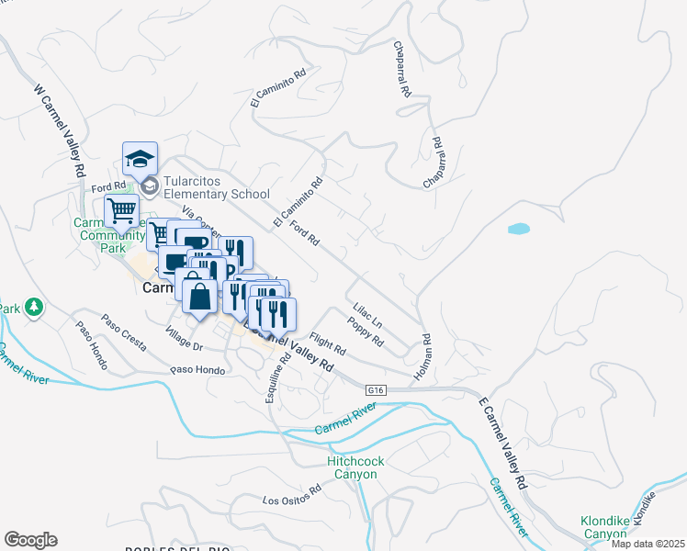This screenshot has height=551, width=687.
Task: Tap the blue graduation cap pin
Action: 140,159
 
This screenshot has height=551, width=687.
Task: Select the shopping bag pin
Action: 199,297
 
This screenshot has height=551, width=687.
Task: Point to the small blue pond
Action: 519,228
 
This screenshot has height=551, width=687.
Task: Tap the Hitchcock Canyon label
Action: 352,467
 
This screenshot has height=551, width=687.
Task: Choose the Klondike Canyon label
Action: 604,527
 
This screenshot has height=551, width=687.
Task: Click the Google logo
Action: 30,540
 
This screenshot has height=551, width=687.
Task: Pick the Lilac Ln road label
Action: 366,317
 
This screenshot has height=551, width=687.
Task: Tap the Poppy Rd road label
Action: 365,331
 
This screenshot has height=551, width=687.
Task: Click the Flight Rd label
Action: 327,344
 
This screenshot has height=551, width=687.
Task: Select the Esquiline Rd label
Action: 276,374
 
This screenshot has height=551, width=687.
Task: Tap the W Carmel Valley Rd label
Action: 59,132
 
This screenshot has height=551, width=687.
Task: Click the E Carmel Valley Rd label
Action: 503,442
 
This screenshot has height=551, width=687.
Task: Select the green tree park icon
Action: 34,306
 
